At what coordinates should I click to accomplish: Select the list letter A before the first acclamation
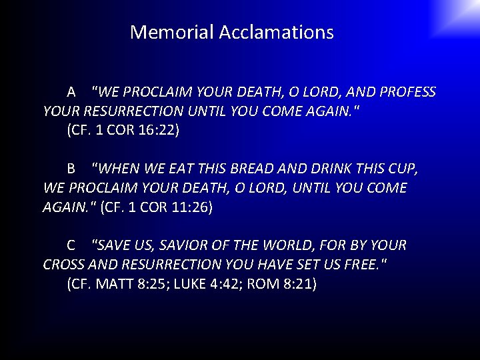click(71, 92)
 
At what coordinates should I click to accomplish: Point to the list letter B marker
click(71, 169)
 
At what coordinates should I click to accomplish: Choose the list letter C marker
click(71, 246)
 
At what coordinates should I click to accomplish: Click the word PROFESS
click(405, 92)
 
